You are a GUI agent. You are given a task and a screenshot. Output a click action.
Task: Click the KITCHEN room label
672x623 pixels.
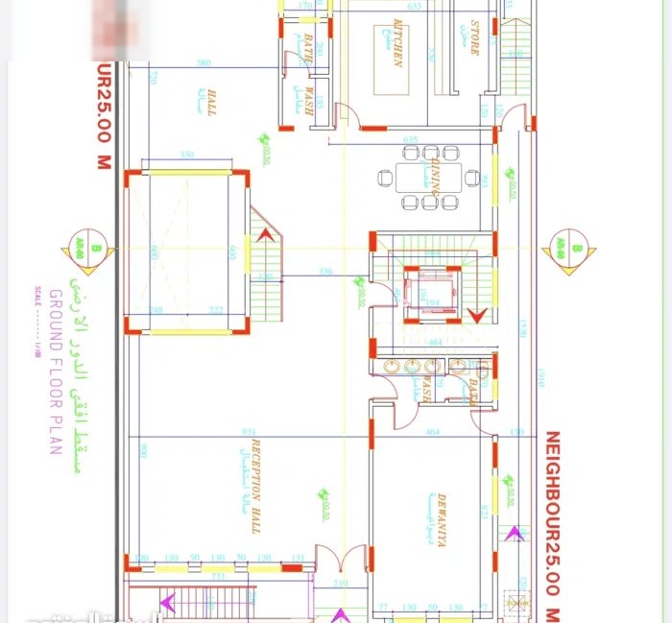coord(396,44)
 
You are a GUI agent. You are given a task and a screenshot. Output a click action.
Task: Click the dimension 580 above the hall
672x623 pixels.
coord(203,63)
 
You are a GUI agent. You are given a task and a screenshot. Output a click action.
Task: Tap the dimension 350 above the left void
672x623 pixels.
coord(186,155)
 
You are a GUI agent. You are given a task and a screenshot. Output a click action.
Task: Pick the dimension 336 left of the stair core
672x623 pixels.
coord(325,272)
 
